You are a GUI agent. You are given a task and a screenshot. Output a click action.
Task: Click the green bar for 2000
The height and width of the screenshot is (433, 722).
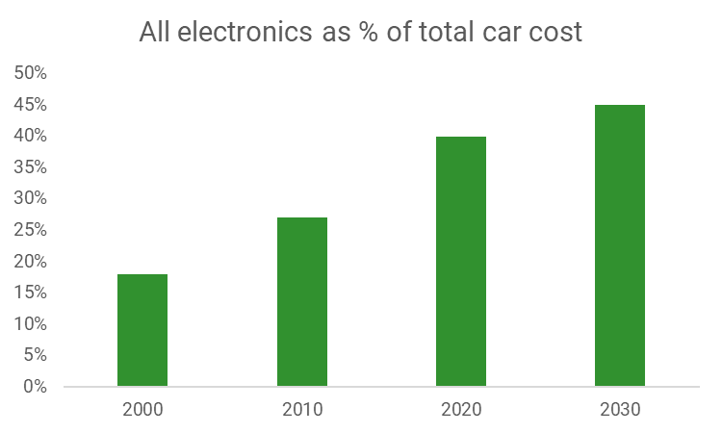142,330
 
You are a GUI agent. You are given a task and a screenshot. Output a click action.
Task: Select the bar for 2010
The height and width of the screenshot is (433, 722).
302,301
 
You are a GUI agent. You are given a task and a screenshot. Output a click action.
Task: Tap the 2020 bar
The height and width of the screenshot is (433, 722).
461,261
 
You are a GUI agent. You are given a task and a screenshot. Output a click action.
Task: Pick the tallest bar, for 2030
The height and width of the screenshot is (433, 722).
620,245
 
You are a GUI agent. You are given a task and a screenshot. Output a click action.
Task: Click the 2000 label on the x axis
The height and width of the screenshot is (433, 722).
142,409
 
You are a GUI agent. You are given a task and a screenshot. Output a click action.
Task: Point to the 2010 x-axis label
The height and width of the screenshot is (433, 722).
302,409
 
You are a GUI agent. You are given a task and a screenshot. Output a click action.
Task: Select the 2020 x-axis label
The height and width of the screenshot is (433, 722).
461,409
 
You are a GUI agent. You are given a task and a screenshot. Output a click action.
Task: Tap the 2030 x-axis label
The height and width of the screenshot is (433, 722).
620,409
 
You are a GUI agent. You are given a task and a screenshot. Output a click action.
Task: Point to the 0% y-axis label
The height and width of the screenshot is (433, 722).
35,387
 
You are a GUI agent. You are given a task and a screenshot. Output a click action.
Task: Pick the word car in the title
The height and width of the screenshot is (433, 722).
503,32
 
